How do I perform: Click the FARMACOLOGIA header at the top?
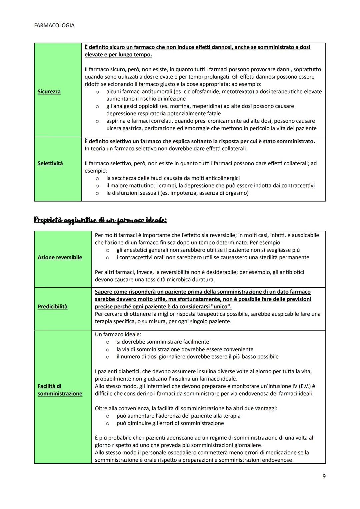coord(54,25)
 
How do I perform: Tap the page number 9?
coord(324,476)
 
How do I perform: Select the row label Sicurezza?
coord(49,91)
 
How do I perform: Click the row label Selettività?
coord(50,163)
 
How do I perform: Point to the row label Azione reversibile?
coord(60,257)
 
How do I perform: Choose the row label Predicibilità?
coord(52,306)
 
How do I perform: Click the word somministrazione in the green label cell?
coord(60,394)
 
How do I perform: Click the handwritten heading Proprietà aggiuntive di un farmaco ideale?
coord(100,220)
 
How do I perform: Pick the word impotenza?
coord(183,193)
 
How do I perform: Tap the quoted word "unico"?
coord(221,306)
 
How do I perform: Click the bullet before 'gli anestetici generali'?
coord(108,250)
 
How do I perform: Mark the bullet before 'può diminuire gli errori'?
coord(108,423)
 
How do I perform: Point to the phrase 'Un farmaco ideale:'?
coord(118,334)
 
